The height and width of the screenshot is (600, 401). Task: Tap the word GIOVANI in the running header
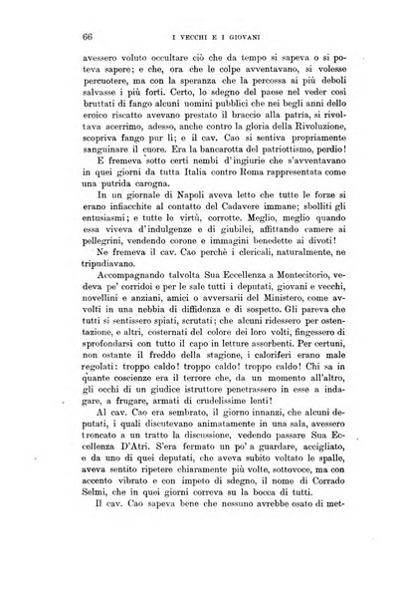click(x=240, y=37)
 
